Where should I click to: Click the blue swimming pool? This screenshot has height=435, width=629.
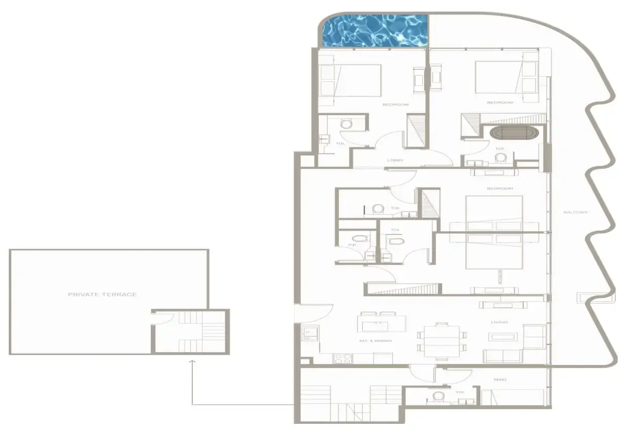[x=375, y=31]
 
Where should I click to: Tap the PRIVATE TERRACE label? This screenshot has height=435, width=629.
[x=102, y=294]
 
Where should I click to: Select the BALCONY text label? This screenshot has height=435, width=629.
[x=575, y=212]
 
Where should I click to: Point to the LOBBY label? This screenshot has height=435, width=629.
[x=395, y=160]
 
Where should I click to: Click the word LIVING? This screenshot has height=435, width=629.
[x=499, y=322]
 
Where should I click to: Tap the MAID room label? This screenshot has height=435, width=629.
[x=500, y=379]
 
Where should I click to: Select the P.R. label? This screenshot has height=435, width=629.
[x=352, y=245]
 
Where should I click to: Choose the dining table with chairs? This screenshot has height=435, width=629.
[x=442, y=340]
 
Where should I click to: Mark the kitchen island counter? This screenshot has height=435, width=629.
[x=382, y=324]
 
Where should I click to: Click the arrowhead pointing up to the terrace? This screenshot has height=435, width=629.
[x=192, y=362]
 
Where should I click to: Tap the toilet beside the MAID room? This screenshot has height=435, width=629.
[x=439, y=396]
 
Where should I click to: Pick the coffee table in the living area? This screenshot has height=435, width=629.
[x=504, y=337]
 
